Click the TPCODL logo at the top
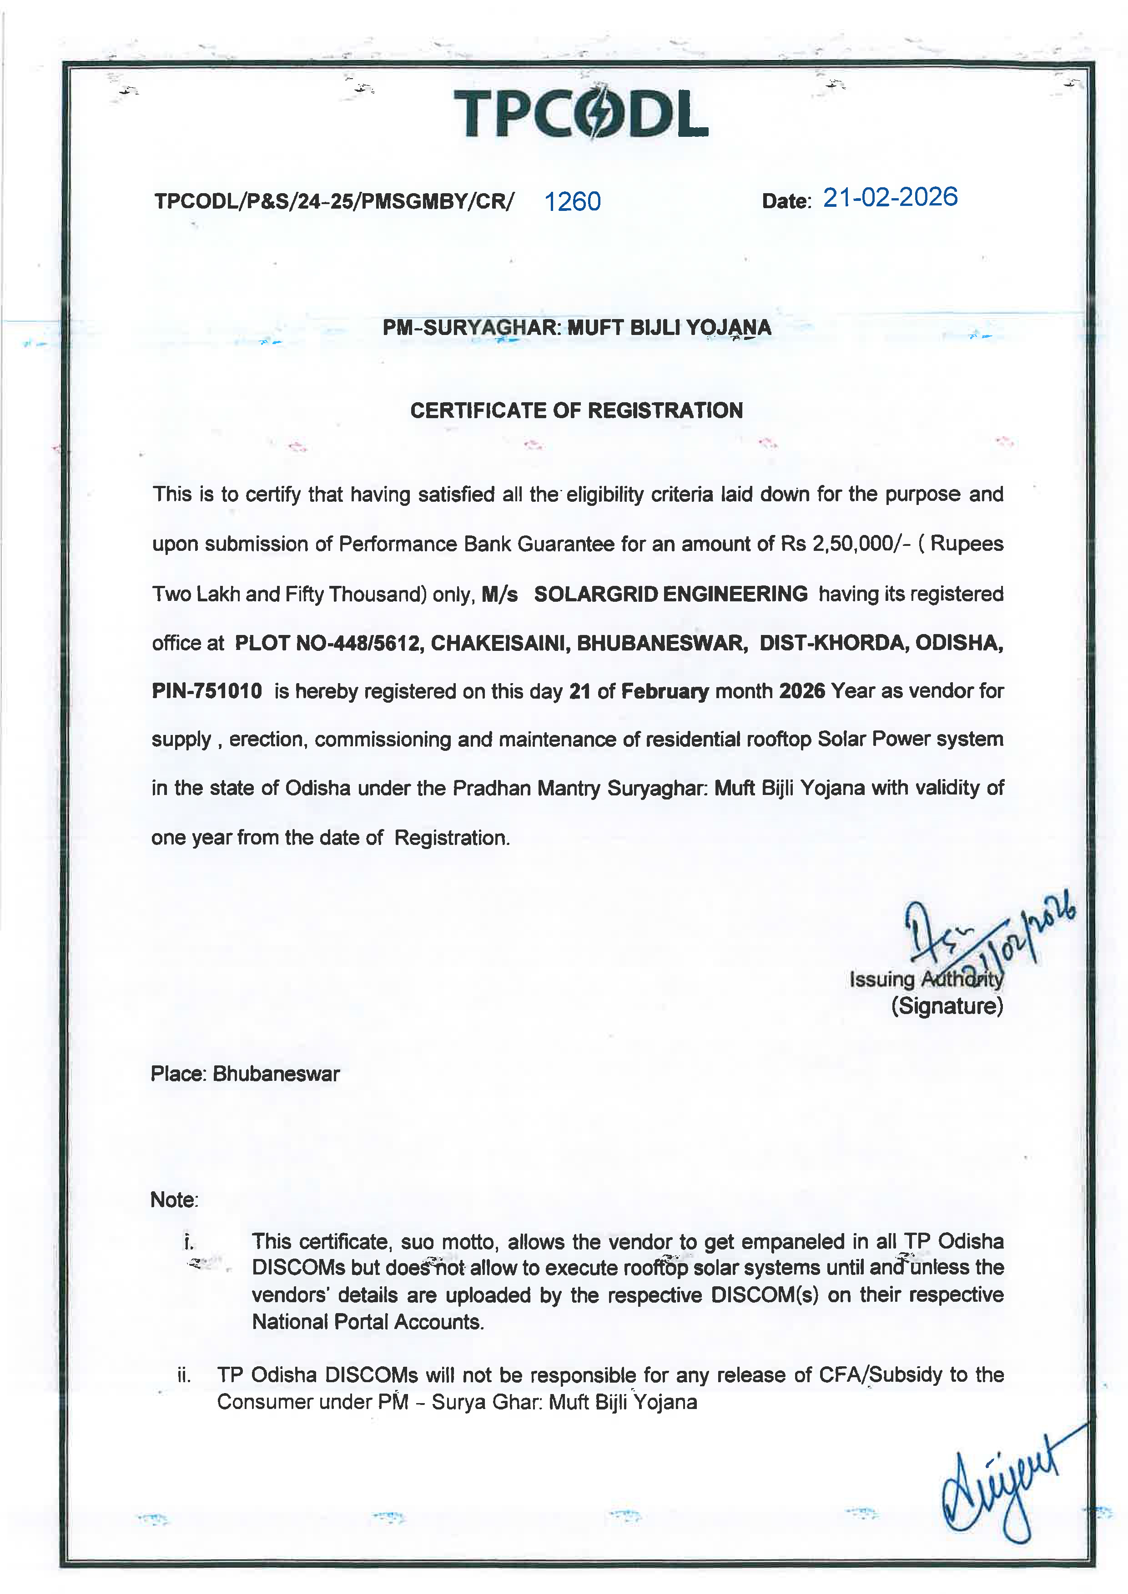point(581,113)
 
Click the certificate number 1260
point(572,201)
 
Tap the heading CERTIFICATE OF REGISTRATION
point(576,410)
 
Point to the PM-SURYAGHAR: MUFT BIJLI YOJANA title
point(576,328)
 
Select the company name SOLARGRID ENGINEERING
point(670,594)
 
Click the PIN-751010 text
point(207,691)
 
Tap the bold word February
point(665,691)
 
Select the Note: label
point(174,1199)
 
